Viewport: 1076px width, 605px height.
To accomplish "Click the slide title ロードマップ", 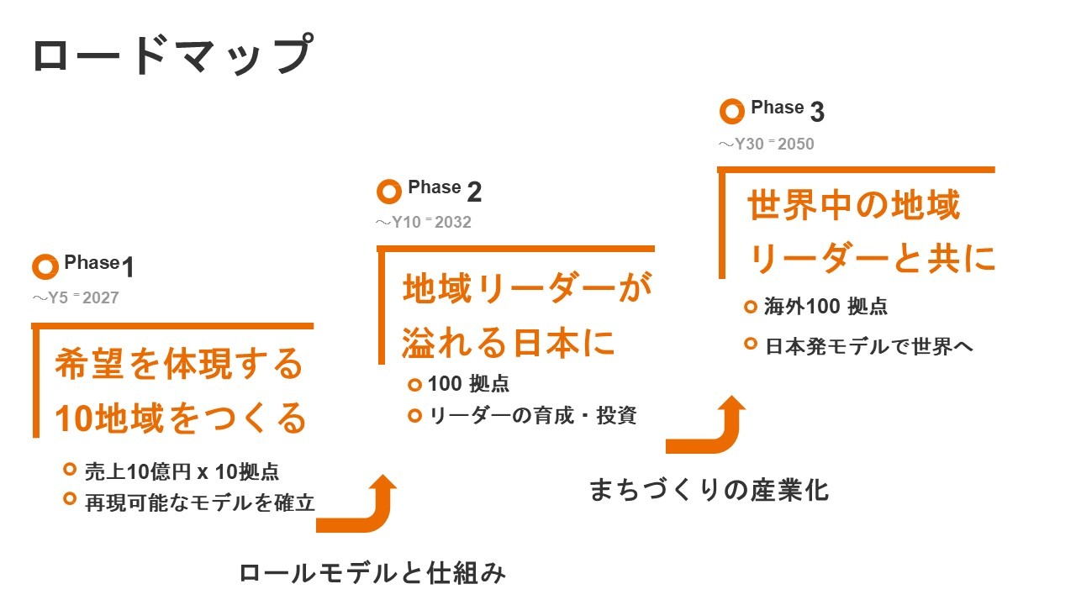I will point(172,55).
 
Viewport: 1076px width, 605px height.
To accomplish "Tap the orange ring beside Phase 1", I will point(45,266).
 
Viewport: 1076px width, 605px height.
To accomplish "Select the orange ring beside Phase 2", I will point(389,192).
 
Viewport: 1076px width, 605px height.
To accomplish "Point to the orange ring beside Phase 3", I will point(732,111).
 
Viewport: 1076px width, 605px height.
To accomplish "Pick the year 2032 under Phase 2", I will point(452,223).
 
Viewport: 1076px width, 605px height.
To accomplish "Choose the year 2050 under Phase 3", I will point(795,144).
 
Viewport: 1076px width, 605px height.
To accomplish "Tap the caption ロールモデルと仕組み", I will point(372,574).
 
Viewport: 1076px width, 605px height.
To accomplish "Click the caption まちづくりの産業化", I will point(709,490).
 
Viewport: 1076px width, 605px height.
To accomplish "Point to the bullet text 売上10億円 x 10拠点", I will point(182,471).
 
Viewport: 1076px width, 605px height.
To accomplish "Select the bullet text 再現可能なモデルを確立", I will point(200,503).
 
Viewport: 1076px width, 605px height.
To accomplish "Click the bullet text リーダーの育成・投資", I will point(533,415).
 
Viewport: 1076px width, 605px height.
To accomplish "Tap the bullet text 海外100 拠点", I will point(825,307).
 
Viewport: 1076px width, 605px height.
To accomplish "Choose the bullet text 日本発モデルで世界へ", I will point(869,346).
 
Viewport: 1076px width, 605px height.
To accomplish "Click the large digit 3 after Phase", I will point(817,112).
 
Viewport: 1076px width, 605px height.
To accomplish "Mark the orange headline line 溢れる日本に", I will point(509,343).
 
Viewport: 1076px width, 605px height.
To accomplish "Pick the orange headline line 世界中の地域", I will point(853,206).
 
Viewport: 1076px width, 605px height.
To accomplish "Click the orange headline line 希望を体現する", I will point(179,366).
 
